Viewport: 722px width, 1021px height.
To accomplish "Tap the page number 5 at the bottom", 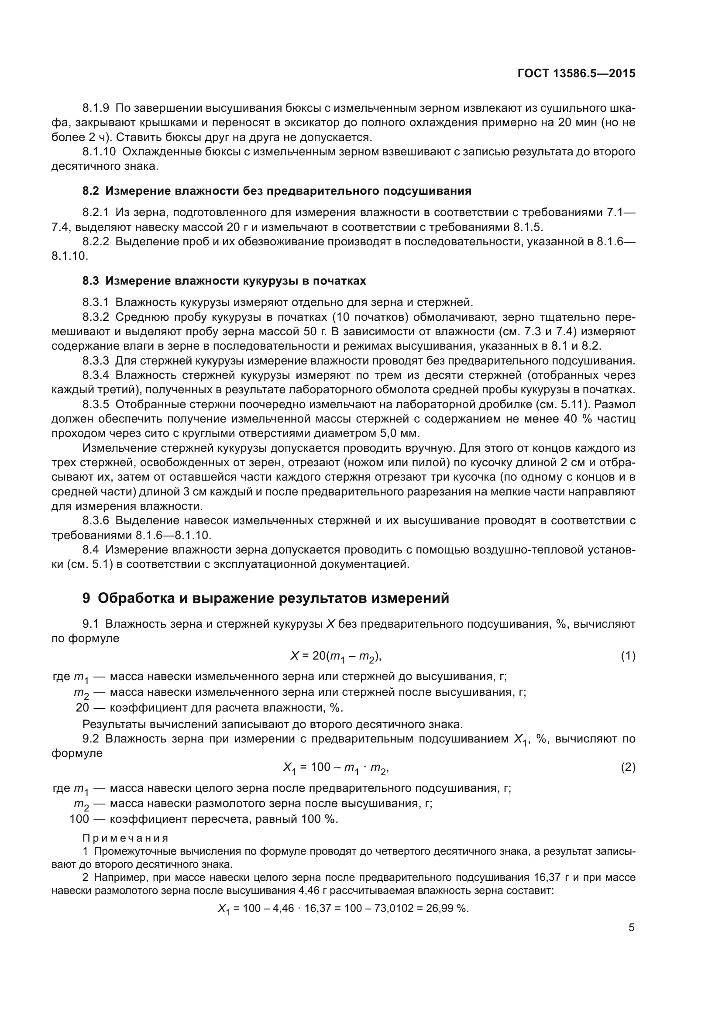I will point(631,928).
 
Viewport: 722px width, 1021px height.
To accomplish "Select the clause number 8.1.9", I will point(96,108).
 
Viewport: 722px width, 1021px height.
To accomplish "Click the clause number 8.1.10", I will point(99,151).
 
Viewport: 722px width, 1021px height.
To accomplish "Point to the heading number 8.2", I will point(91,191).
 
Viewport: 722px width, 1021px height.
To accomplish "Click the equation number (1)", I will point(628,656).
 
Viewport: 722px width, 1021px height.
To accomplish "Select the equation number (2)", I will point(628,767).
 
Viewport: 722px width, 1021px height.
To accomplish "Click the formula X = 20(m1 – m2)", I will point(336,657).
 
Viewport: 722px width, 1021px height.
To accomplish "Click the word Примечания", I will point(126,838).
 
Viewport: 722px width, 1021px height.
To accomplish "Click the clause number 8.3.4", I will point(96,375).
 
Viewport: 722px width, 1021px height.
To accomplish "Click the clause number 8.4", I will point(91,550).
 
